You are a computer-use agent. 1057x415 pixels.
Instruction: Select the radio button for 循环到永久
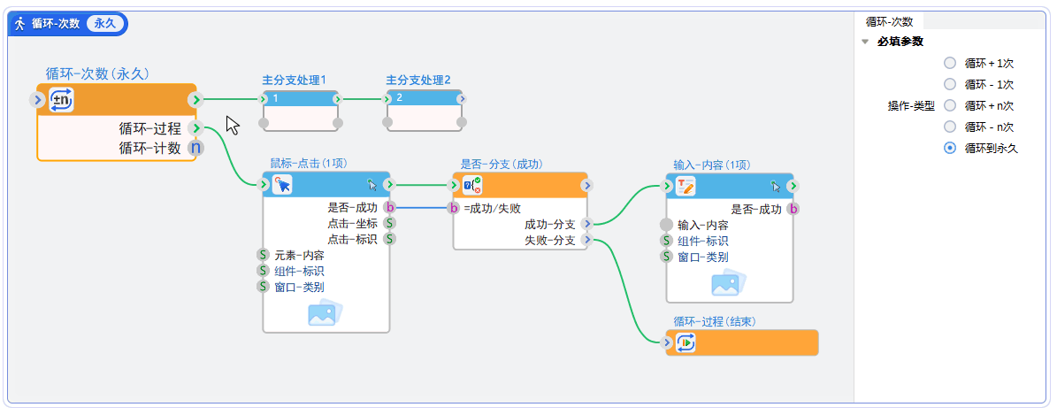949,148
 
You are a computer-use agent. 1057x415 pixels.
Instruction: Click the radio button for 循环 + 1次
949,63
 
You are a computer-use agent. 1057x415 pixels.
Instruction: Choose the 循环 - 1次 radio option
949,84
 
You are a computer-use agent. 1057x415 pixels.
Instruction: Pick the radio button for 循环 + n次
949,105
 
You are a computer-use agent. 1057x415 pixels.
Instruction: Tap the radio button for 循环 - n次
949,127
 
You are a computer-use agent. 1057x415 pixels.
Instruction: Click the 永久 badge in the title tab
104,24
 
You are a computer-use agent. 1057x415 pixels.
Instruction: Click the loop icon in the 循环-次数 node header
61,99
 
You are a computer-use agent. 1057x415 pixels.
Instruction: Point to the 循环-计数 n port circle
195,148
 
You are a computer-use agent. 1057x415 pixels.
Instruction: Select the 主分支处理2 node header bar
425,97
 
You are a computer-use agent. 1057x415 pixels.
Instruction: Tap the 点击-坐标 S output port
389,223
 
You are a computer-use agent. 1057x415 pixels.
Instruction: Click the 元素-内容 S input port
263,255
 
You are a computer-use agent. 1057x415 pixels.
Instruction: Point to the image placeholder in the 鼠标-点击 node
325,312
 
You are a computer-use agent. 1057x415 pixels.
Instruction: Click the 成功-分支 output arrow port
586,224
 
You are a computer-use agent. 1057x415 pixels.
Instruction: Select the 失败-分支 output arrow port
586,240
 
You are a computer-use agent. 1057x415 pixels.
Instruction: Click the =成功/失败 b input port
454,208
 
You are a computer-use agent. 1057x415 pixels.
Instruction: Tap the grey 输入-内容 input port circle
667,225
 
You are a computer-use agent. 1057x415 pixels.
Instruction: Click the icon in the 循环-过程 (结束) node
686,342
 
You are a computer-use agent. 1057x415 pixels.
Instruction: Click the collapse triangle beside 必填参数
864,42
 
